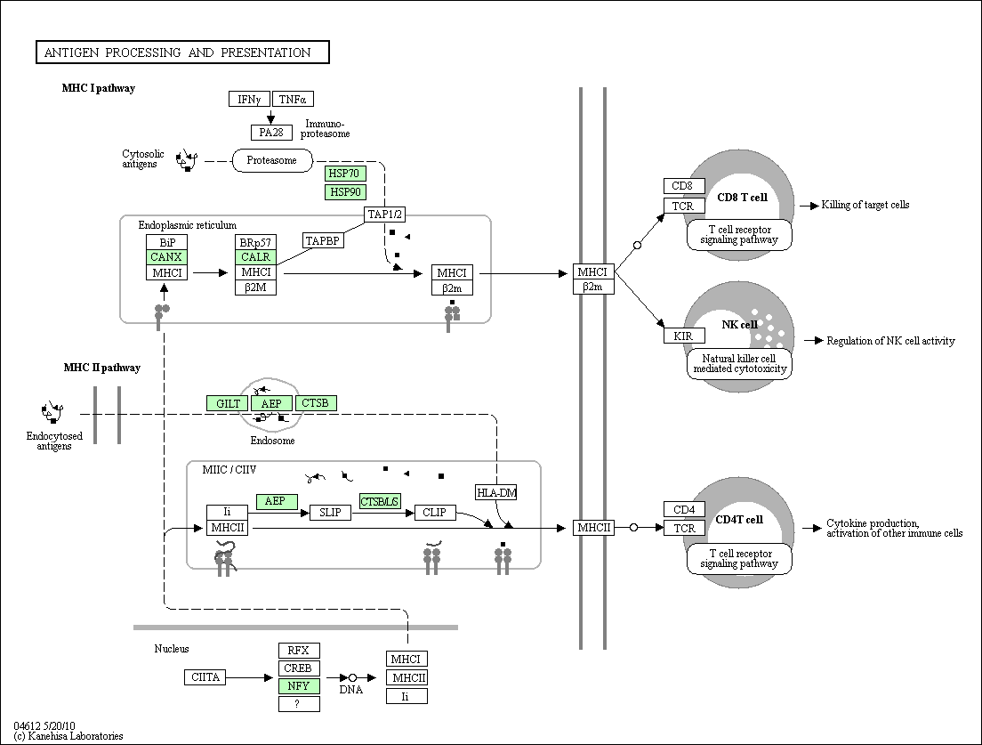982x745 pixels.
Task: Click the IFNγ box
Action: pos(249,99)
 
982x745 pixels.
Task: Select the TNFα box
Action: pos(293,99)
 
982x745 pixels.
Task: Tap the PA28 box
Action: pos(271,133)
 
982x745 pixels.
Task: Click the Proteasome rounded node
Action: pos(272,160)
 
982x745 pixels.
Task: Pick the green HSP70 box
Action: pos(345,173)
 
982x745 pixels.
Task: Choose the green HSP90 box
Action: pos(345,191)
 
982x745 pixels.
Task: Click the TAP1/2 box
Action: pos(384,215)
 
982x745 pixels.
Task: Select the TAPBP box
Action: pos(323,240)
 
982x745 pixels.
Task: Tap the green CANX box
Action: pos(166,257)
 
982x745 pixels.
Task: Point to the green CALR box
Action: pos(255,257)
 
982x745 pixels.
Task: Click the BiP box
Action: pos(166,242)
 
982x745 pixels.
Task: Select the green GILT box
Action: pos(228,403)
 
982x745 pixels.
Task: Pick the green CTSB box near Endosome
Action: pos(316,403)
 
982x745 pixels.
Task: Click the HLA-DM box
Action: pos(496,492)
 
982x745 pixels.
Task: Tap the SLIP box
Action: pos(331,512)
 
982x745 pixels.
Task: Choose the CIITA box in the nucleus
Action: pos(205,677)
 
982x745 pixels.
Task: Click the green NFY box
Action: pos(299,686)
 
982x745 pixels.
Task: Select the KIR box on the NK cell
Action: pos(684,336)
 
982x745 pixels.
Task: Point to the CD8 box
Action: pos(684,186)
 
